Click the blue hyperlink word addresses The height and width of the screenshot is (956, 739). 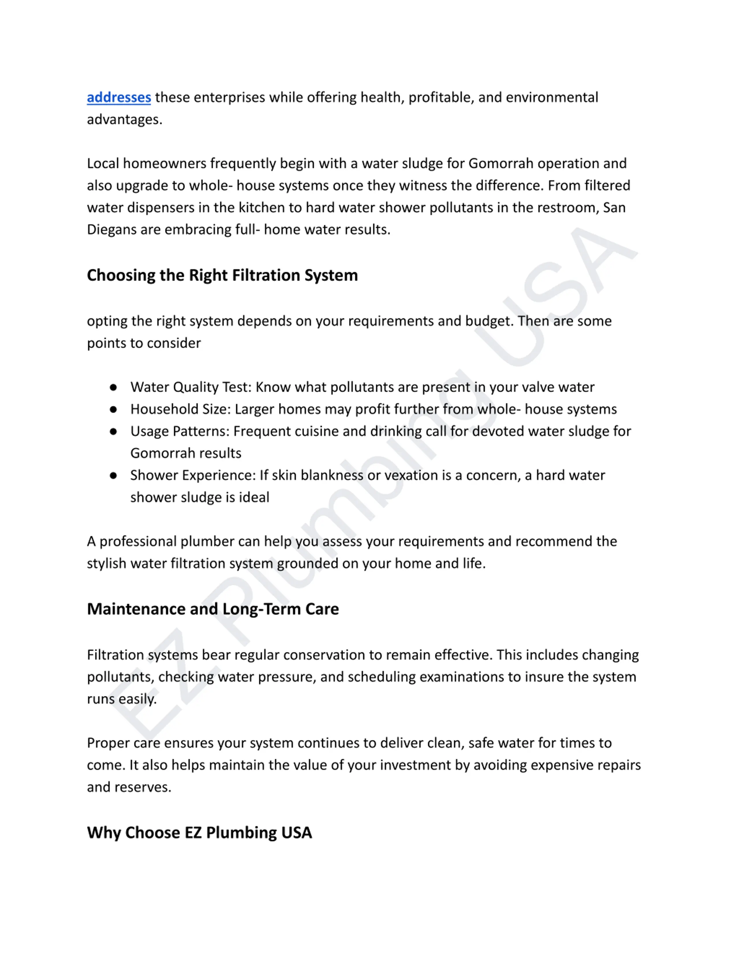tap(119, 97)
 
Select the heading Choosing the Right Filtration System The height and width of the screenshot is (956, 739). tap(222, 275)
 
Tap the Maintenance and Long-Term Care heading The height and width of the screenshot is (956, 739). tap(213, 609)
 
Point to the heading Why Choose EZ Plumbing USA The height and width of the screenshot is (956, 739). tap(199, 832)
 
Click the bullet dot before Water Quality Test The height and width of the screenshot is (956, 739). tap(113, 387)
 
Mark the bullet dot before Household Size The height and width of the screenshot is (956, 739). tap(113, 409)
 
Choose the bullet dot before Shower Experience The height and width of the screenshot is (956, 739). tap(113, 475)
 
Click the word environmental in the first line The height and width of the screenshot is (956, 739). tap(552, 97)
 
